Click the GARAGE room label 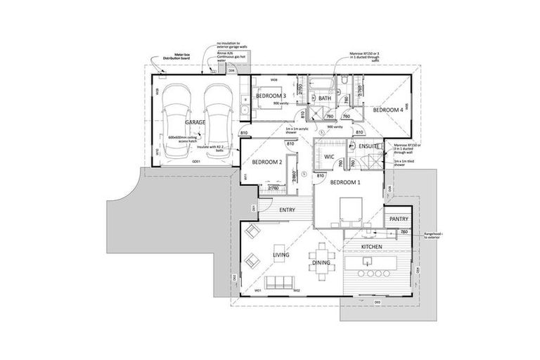[x=195, y=122]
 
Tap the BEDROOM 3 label [x=270, y=96]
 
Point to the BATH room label [x=324, y=98]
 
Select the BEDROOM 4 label [x=387, y=110]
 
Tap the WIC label [x=328, y=156]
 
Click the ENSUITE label [x=368, y=146]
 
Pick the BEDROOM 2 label [x=267, y=162]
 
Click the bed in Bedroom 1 [x=349, y=209]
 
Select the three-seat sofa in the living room [x=278, y=283]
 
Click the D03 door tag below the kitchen [x=377, y=302]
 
